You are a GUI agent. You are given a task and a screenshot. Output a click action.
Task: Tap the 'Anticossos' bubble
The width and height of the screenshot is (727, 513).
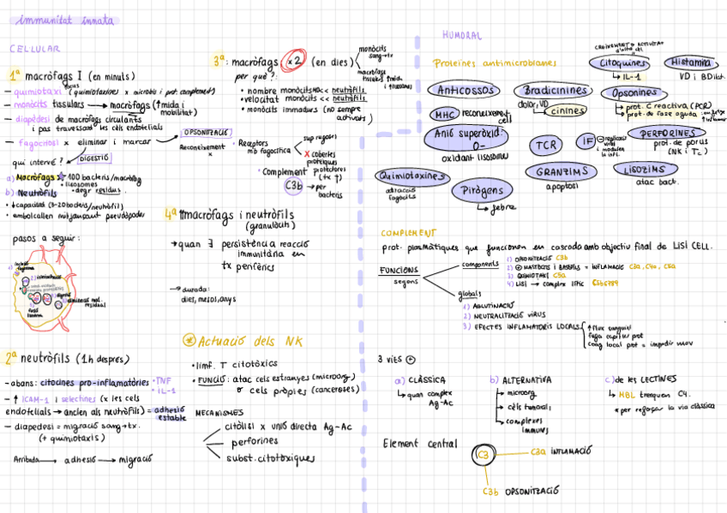[465, 90]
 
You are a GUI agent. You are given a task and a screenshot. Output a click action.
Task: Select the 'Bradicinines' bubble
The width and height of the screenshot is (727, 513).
[552, 90]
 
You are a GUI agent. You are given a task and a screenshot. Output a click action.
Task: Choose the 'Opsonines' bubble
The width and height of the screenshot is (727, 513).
[635, 92]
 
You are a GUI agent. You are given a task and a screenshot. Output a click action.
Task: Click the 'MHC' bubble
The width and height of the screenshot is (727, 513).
[444, 113]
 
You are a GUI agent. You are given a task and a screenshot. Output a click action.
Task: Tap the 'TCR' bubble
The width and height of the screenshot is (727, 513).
[546, 145]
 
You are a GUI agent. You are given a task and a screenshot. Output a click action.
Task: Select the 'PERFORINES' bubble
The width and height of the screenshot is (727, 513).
[669, 133]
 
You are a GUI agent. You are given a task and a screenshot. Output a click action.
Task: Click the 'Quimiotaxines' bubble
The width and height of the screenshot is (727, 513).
[412, 176]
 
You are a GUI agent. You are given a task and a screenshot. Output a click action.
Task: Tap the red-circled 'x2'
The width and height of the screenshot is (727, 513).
[294, 61]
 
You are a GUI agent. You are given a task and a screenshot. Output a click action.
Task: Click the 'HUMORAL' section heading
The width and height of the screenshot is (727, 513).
[461, 36]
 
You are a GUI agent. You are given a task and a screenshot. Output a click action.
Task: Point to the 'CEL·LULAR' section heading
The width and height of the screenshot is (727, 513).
[34, 50]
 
